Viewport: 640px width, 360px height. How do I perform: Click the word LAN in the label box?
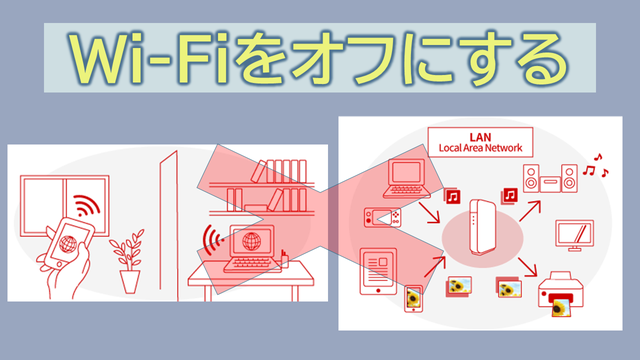(x=480, y=137)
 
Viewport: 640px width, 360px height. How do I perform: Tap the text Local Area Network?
(x=480, y=148)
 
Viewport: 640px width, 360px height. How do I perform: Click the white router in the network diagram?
(x=482, y=227)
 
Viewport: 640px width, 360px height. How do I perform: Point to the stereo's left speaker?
(x=531, y=178)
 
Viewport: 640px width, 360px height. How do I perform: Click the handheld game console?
(x=382, y=218)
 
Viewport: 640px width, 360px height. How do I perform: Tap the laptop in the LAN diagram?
(x=407, y=178)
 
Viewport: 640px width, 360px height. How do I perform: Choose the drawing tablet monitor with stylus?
(x=574, y=235)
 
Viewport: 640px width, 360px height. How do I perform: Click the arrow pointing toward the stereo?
(x=530, y=211)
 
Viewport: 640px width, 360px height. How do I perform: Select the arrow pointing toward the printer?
(x=527, y=267)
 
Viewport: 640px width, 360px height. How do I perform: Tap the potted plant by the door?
(x=129, y=261)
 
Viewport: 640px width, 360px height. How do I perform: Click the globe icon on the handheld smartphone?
(x=68, y=244)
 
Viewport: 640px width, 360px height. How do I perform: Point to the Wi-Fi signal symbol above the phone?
(x=87, y=205)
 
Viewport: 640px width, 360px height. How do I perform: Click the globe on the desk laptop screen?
(x=251, y=242)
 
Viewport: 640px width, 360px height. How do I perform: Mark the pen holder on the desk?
(x=285, y=260)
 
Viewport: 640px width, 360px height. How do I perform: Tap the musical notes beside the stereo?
(x=596, y=166)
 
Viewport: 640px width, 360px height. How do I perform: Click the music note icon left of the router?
(x=452, y=196)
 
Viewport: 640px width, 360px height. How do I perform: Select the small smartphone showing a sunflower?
(x=413, y=299)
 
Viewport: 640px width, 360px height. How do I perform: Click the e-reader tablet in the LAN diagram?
(x=378, y=271)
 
